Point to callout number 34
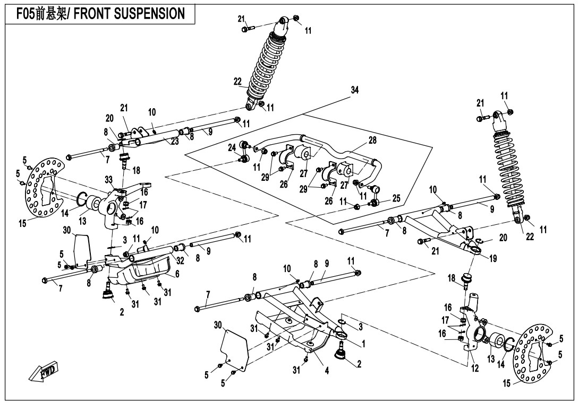click(355, 90)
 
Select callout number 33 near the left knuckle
click(109, 180)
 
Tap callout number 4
click(327, 371)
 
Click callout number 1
click(363, 344)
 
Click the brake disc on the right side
click(533, 354)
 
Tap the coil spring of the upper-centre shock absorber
click(270, 64)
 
